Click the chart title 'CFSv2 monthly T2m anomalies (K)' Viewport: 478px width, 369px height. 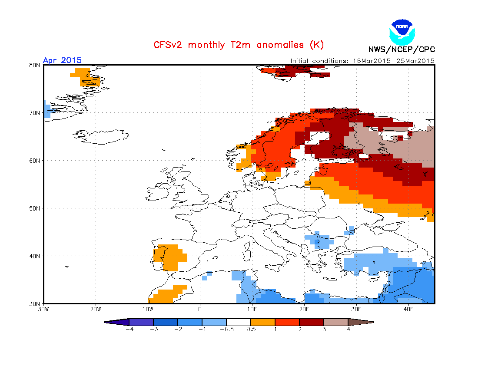pos(239,45)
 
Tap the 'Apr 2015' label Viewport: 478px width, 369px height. pos(62,60)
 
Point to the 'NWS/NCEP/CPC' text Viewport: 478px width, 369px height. pos(402,49)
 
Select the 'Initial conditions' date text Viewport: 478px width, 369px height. pos(362,61)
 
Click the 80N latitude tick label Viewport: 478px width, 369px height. pos(35,65)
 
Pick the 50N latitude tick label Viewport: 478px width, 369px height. pos(35,208)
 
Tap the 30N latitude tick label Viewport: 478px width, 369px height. pos(35,303)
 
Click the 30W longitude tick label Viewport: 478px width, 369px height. pos(43,310)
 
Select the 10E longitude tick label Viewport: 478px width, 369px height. pos(252,310)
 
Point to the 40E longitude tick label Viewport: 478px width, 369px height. pos(408,310)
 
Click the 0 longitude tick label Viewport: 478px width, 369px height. pos(200,310)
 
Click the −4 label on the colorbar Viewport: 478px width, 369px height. pos(129,329)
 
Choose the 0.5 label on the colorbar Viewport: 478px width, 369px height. pos(251,329)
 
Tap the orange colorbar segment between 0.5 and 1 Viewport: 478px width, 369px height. pos(263,322)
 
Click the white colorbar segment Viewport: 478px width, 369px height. pos(239,322)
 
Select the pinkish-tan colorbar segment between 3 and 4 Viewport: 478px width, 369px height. pos(336,322)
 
